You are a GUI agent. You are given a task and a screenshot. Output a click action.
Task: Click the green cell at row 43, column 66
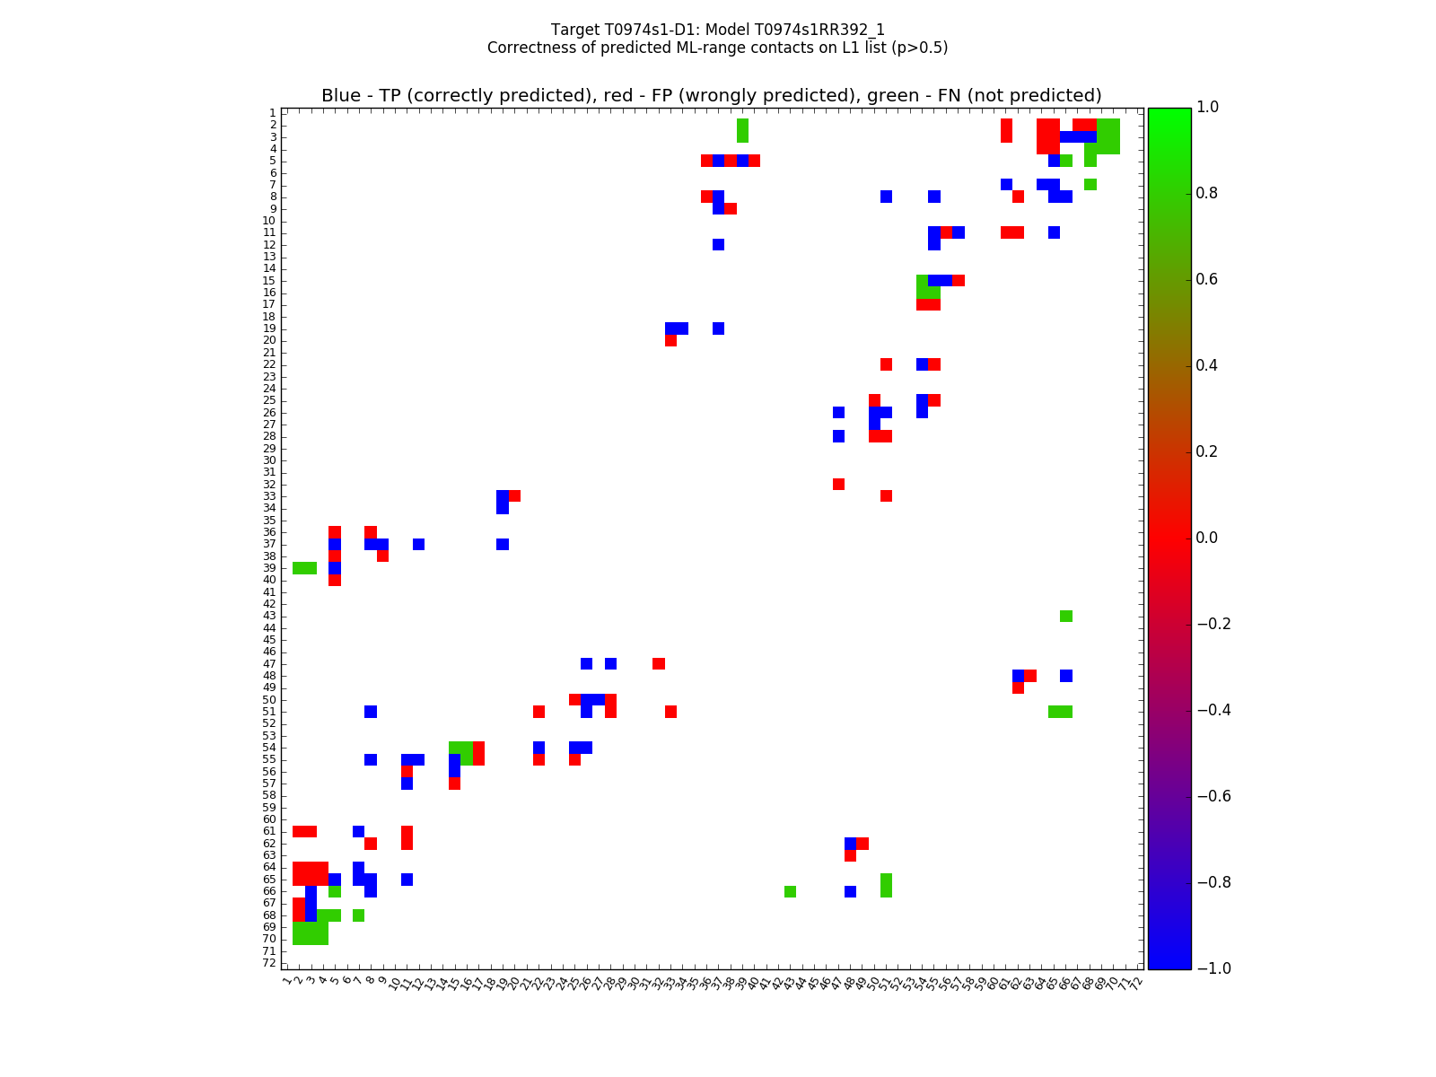point(1066,616)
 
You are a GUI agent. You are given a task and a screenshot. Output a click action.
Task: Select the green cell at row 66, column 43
point(790,891)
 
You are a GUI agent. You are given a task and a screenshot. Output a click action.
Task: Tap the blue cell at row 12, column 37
point(718,244)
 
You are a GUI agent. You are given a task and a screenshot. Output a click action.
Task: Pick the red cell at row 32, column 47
point(838,484)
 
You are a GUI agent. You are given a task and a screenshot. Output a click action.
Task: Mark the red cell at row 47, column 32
point(659,663)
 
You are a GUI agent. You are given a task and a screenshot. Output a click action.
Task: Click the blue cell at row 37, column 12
point(418,544)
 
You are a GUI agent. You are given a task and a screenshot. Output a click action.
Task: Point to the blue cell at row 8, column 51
point(886,197)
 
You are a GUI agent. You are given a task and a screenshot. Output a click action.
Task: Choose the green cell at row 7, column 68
point(1090,184)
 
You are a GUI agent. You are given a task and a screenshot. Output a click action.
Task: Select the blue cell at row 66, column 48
point(850,891)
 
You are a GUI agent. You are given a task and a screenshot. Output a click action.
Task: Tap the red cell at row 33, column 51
point(886,496)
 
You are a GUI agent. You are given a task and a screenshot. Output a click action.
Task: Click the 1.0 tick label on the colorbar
point(1208,107)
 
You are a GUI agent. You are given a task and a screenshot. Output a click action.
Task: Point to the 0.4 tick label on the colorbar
point(1208,365)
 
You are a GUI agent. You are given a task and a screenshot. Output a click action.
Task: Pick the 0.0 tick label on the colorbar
point(1208,538)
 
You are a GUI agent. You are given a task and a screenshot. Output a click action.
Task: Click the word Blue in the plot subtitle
point(340,96)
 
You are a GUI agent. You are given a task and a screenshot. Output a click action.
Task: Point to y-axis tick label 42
point(269,604)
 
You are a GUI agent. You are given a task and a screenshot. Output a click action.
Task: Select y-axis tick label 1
point(272,113)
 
